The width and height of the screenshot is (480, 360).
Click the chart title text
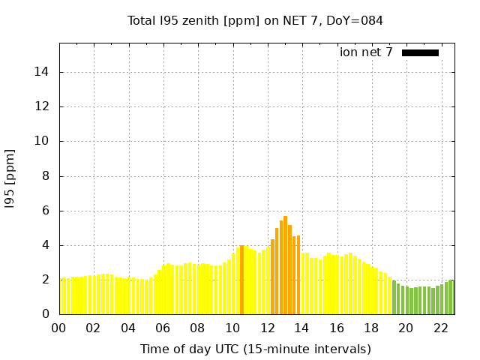click(x=255, y=20)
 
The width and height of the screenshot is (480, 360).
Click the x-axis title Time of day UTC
click(x=255, y=349)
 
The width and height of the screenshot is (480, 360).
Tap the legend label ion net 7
click(x=366, y=52)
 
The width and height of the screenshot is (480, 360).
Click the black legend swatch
click(x=420, y=52)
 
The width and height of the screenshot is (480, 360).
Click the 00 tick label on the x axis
click(x=59, y=328)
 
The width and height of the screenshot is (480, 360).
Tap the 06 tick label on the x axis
click(x=163, y=328)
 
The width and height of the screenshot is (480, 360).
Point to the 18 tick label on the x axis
click(x=371, y=328)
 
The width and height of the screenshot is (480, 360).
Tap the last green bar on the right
click(x=451, y=297)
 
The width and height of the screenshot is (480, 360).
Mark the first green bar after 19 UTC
click(x=394, y=298)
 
